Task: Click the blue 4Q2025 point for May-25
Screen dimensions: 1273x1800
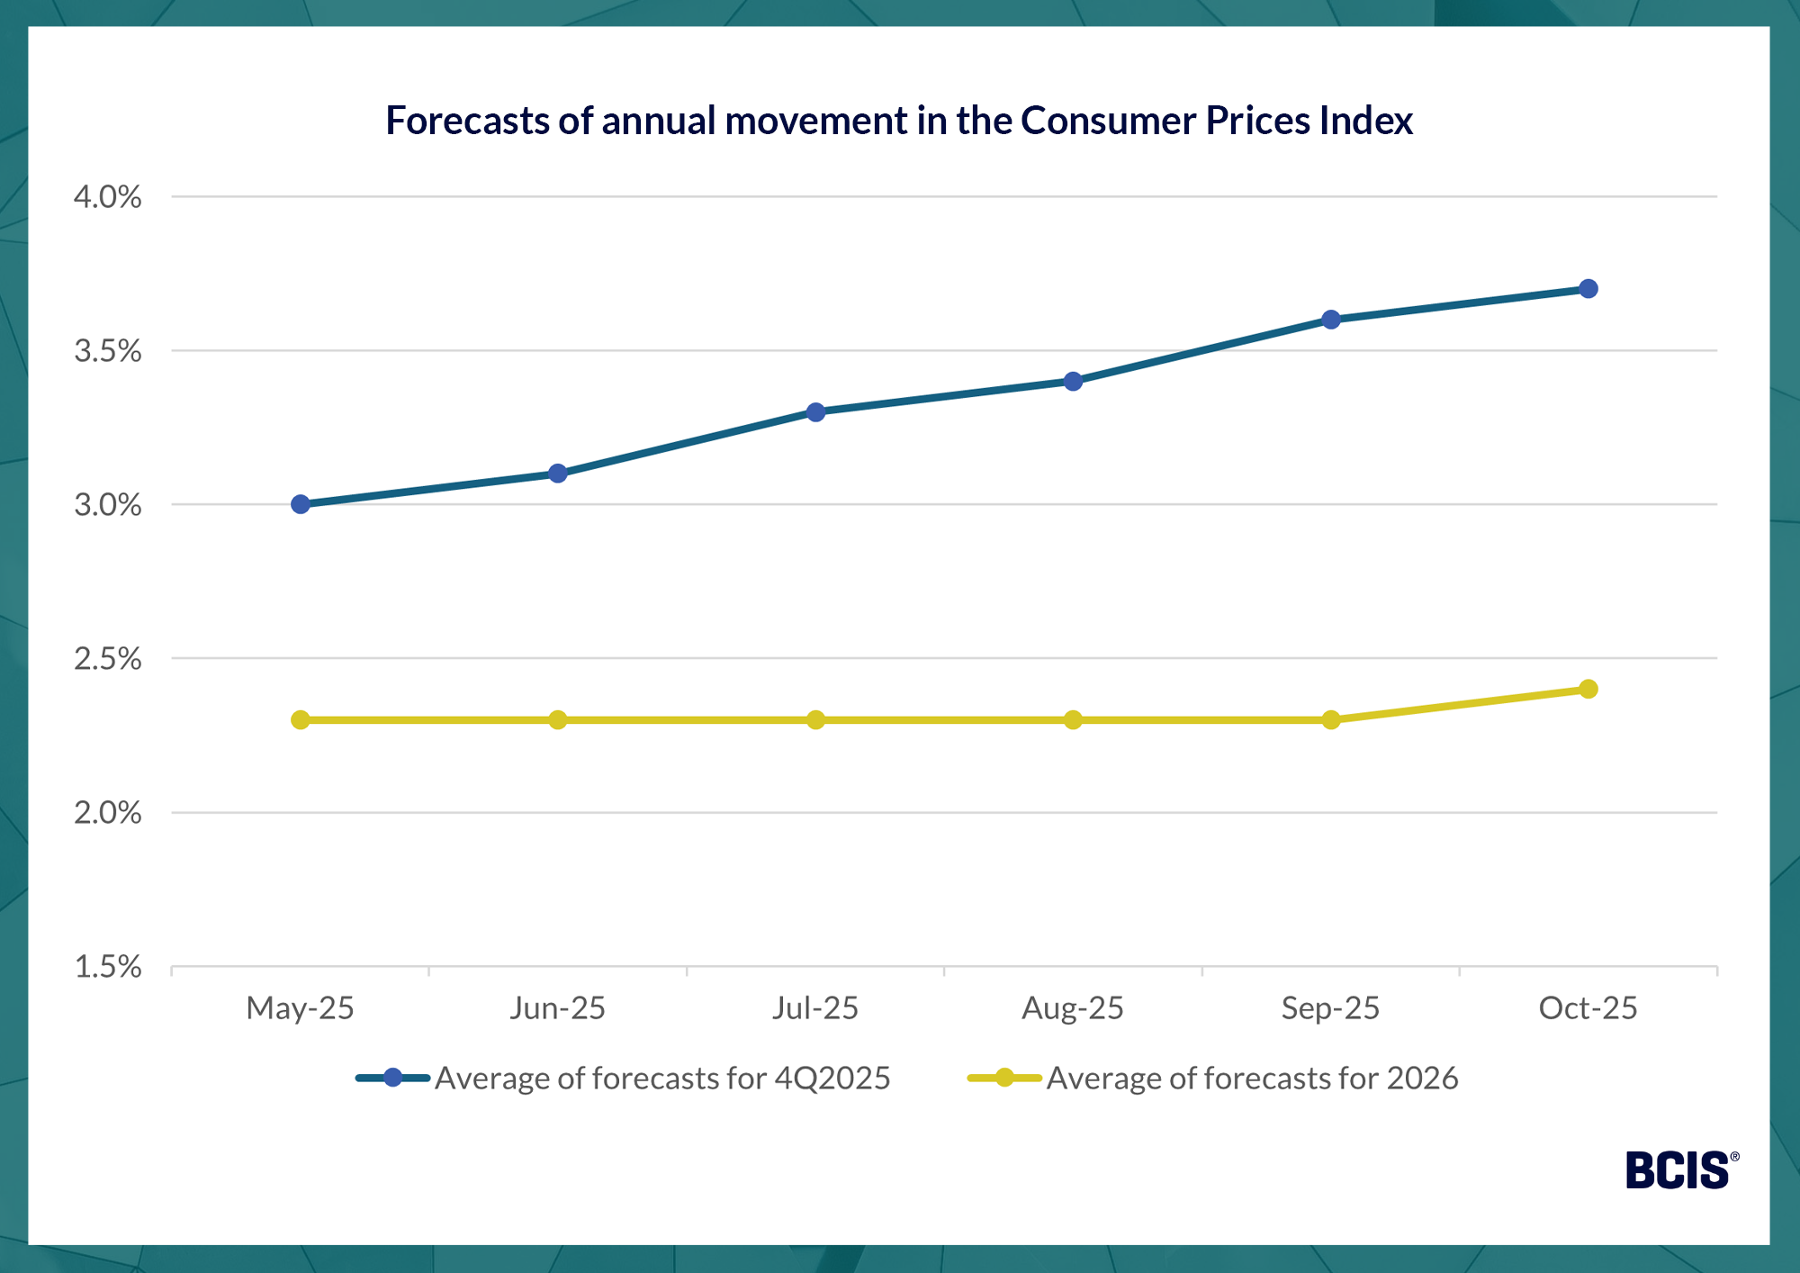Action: (301, 504)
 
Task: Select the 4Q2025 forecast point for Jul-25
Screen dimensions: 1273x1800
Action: (815, 412)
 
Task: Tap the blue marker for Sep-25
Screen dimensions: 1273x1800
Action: (1331, 320)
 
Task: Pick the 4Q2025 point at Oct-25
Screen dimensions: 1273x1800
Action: (1588, 289)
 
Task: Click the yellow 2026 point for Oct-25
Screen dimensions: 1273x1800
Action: (1588, 689)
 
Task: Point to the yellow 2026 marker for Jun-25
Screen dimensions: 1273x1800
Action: (558, 720)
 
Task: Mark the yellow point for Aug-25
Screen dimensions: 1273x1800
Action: (1073, 720)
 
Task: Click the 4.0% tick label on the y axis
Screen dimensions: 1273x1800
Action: (108, 197)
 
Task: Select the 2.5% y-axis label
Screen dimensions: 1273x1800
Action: (108, 659)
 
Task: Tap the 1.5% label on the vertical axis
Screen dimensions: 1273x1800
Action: (108, 967)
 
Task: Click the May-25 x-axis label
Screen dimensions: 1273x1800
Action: (300, 1008)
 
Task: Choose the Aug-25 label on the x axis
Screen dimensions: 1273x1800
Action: (1073, 1008)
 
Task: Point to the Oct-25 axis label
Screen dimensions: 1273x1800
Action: (1588, 1008)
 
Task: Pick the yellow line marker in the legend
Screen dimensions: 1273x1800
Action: (1004, 1078)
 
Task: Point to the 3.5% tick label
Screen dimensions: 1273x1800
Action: (108, 351)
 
